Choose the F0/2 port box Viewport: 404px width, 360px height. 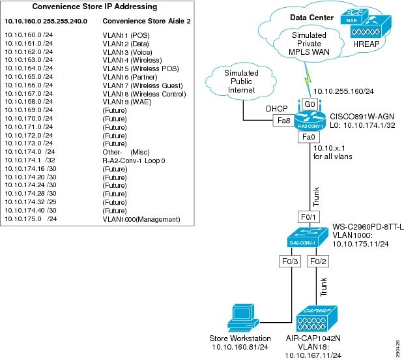point(316,262)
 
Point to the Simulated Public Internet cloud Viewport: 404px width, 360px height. point(240,80)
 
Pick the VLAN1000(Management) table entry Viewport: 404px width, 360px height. point(141,219)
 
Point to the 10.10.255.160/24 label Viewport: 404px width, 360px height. point(339,92)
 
